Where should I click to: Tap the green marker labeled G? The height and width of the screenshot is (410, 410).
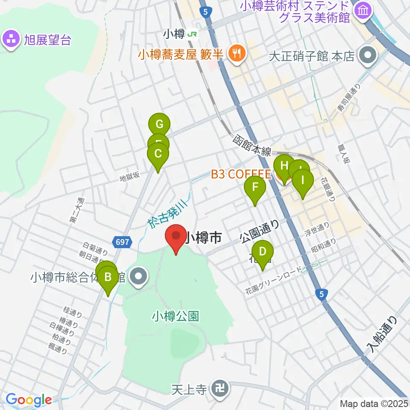click(159, 124)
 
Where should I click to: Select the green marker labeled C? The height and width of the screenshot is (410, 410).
click(158, 153)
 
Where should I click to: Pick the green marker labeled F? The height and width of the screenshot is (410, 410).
click(255, 187)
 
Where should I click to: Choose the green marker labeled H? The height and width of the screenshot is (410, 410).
click(284, 164)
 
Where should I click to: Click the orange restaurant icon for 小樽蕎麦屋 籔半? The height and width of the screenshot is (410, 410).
click(235, 53)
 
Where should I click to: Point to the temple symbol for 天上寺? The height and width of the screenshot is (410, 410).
click(221, 389)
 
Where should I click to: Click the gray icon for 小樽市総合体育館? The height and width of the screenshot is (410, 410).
click(138, 278)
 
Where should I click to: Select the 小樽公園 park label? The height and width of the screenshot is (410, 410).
click(176, 316)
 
